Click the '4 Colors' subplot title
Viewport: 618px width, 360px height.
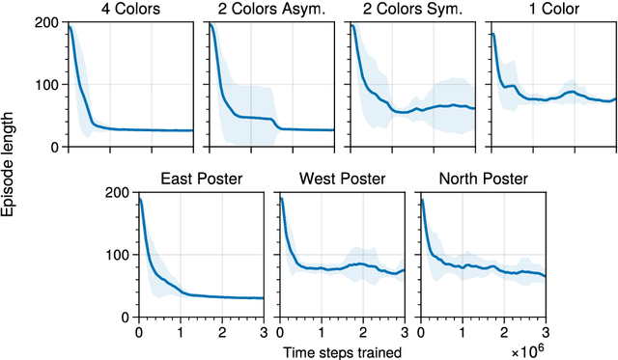(x=130, y=10)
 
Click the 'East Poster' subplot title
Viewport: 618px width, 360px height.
(x=201, y=179)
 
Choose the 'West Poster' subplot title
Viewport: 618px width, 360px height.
(x=342, y=179)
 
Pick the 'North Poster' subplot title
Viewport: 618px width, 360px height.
(x=482, y=179)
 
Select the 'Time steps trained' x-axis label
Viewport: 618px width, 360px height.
(x=342, y=351)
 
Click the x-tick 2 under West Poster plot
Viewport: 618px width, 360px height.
(x=362, y=331)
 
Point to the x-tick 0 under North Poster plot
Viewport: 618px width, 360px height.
(x=420, y=331)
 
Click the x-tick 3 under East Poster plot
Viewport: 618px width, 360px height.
(x=263, y=331)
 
